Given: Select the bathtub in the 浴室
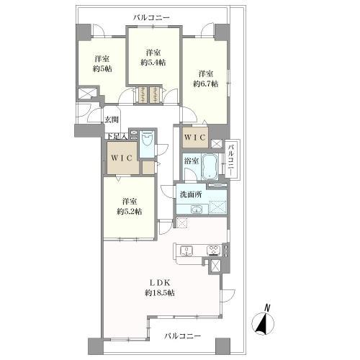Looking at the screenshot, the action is click(210, 166).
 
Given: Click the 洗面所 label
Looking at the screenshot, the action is click(191, 194).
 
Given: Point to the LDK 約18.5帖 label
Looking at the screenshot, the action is click(160, 288).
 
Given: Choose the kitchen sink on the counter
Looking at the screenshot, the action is click(186, 251).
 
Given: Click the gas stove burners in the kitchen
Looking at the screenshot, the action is click(214, 250).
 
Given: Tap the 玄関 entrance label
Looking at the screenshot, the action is click(112, 120).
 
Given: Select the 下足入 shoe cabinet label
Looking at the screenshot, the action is click(117, 136).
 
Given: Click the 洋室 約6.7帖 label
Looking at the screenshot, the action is click(206, 79).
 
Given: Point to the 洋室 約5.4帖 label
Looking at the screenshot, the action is click(153, 58).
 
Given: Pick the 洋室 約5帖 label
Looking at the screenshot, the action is click(102, 64).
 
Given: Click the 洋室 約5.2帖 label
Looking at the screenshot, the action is click(130, 207).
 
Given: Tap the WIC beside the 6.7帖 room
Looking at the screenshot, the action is click(195, 138).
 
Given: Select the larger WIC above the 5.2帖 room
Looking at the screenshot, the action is click(122, 158).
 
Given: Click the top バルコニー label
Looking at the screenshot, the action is click(152, 17).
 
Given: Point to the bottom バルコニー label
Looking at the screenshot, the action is click(182, 336).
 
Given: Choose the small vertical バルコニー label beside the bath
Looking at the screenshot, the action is click(231, 159).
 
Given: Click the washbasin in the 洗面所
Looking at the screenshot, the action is click(197, 210).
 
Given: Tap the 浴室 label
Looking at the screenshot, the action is click(192, 161).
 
